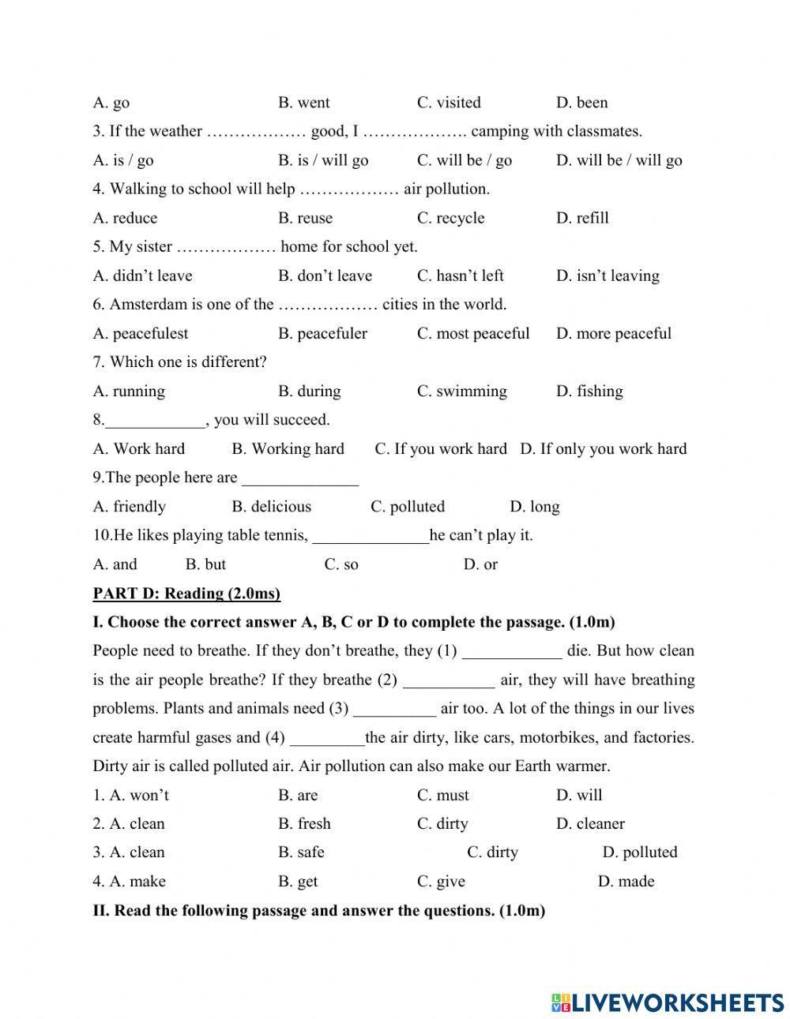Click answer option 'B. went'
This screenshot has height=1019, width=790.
coord(303,103)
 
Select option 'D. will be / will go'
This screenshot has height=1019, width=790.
coord(619,160)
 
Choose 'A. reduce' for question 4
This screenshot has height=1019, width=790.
coord(125,218)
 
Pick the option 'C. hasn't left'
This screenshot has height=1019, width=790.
coord(460,275)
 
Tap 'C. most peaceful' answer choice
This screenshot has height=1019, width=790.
coord(473,333)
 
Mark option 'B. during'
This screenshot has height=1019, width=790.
coord(309,391)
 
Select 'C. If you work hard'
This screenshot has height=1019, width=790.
coord(440,448)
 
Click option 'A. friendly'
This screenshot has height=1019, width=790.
coord(129,506)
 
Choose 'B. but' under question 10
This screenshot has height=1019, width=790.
coord(205,564)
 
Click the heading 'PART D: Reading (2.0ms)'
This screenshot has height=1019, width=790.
coord(186,593)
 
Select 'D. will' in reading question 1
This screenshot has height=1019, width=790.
coord(579,795)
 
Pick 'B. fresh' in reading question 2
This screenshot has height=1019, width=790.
coord(304,823)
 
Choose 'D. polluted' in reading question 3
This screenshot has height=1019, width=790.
coord(640,852)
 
